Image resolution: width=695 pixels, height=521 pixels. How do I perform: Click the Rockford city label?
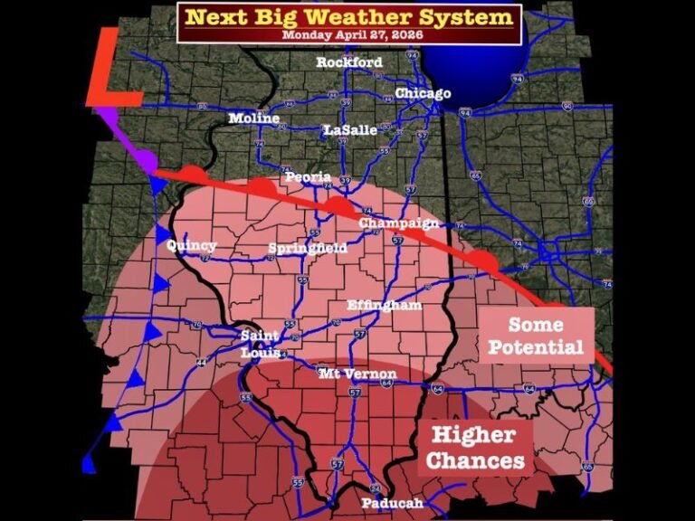349,62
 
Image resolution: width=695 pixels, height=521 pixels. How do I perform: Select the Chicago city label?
423,94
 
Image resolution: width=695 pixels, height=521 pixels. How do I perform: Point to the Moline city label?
254,118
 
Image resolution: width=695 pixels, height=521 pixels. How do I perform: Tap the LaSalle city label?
350,130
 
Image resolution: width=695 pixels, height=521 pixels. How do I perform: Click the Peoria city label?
309,177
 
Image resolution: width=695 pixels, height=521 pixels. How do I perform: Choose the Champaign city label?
399,223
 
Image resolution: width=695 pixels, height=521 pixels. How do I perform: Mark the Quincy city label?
191,245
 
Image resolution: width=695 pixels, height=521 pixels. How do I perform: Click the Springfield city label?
309,248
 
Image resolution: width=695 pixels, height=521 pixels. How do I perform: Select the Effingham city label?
385,306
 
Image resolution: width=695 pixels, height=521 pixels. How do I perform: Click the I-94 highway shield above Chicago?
413,56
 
